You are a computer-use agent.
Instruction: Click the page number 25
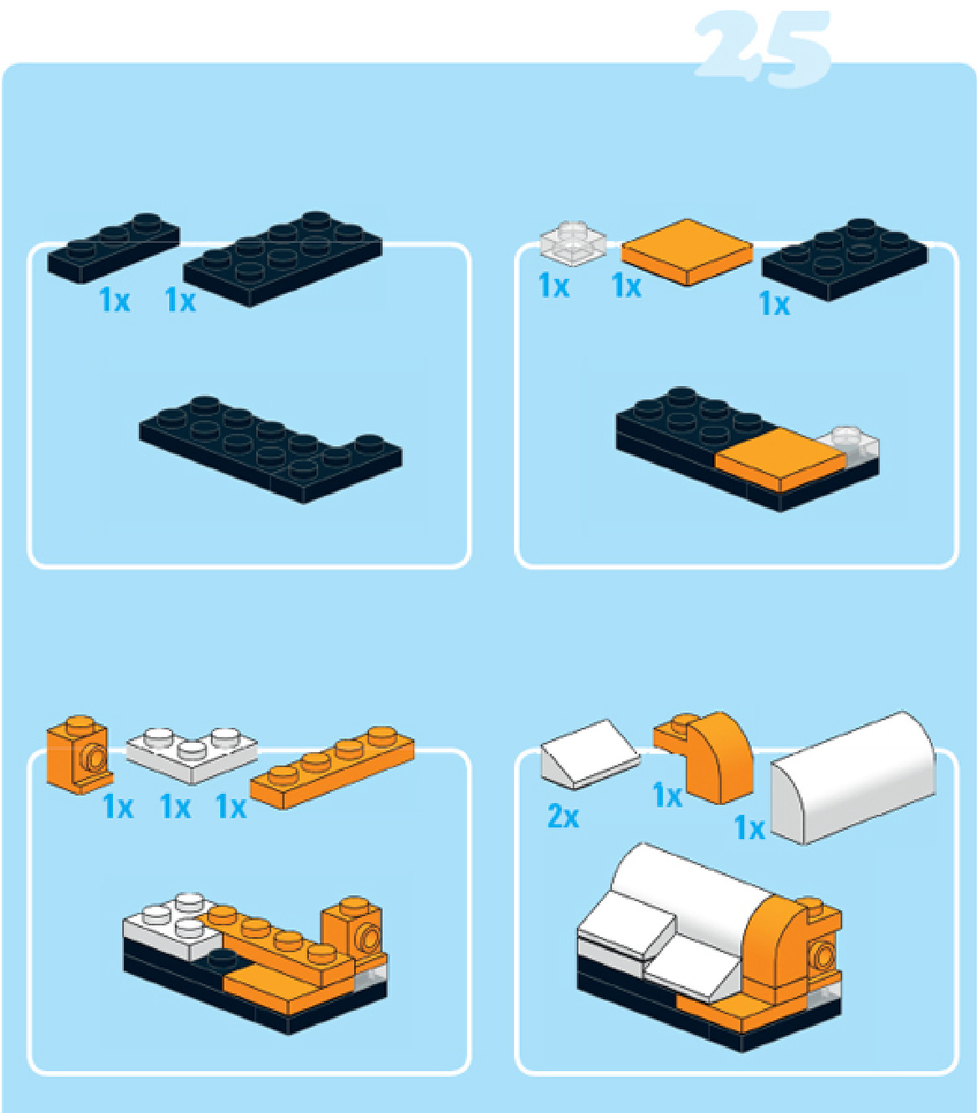763,49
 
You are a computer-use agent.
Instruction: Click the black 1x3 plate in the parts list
114,248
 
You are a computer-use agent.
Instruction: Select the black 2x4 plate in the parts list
283,258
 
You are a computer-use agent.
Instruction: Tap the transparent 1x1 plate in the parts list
573,244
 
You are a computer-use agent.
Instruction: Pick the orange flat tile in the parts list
687,252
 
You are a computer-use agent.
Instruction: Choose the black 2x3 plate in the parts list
845,260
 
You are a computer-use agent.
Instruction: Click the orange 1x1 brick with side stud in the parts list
80,755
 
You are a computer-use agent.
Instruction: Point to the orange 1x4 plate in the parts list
332,768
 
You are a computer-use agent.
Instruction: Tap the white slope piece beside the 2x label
590,755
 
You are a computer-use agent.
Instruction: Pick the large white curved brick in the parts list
853,778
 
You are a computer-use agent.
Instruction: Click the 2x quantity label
563,817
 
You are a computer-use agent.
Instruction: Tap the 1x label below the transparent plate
553,286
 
